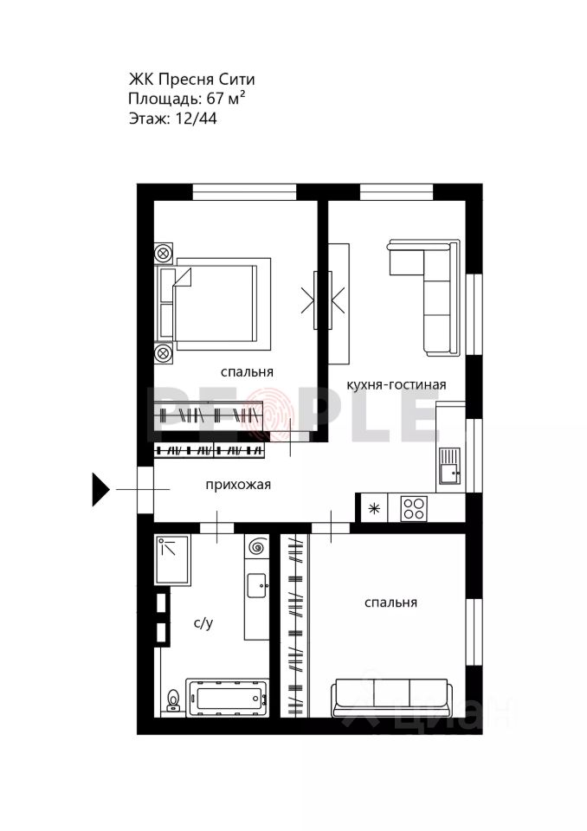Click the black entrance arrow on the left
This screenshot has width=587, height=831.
point(100,490)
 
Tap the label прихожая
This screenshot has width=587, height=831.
point(238,485)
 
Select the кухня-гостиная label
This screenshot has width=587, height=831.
point(396,383)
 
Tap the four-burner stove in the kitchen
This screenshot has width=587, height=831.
point(414,507)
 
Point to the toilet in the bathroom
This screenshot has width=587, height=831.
point(174,699)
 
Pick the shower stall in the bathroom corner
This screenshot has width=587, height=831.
point(173,560)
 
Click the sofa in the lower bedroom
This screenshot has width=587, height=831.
point(390,697)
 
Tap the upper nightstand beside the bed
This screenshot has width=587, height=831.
point(164,254)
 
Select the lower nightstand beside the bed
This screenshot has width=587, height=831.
point(164,352)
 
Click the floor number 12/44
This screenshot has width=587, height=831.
point(196,119)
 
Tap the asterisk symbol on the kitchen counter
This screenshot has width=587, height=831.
point(374,507)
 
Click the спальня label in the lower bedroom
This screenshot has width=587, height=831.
point(390,602)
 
